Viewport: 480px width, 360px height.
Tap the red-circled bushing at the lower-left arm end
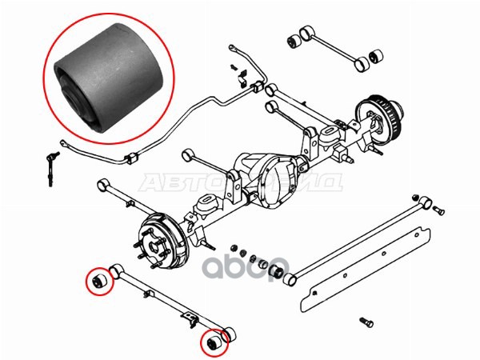pos(101,282)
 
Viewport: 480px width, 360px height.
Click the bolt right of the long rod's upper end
pos(439,210)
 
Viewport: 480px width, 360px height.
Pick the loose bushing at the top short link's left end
pos(303,40)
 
